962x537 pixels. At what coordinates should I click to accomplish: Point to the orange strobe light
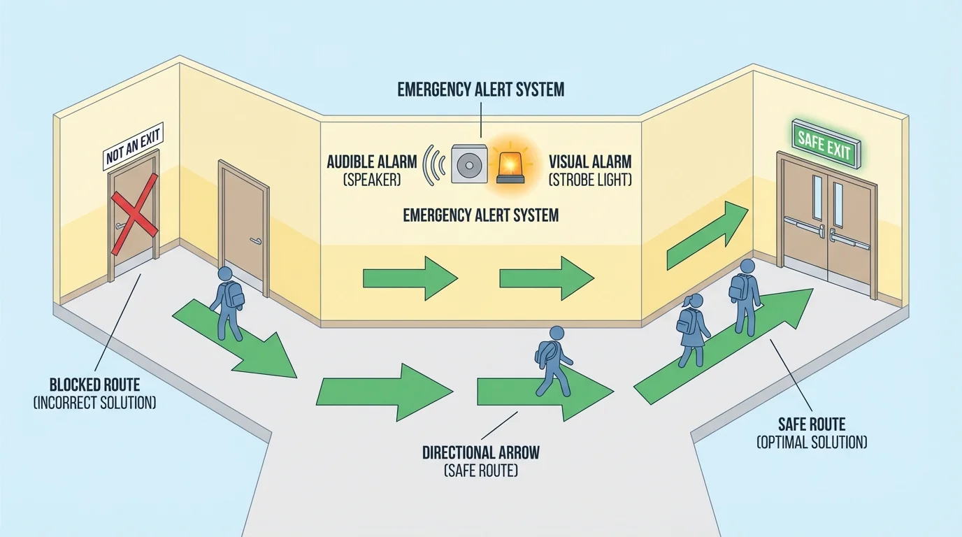click(511, 166)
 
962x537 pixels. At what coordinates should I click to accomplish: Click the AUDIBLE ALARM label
click(371, 162)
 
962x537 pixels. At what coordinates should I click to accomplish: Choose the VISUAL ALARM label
click(590, 162)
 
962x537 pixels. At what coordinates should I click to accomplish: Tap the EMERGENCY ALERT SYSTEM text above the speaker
click(480, 90)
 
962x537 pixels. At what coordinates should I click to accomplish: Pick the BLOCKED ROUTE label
click(94, 385)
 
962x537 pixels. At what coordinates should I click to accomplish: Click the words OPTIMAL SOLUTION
click(812, 442)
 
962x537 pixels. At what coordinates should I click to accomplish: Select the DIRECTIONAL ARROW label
click(480, 452)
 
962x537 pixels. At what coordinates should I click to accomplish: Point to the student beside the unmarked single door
click(227, 301)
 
